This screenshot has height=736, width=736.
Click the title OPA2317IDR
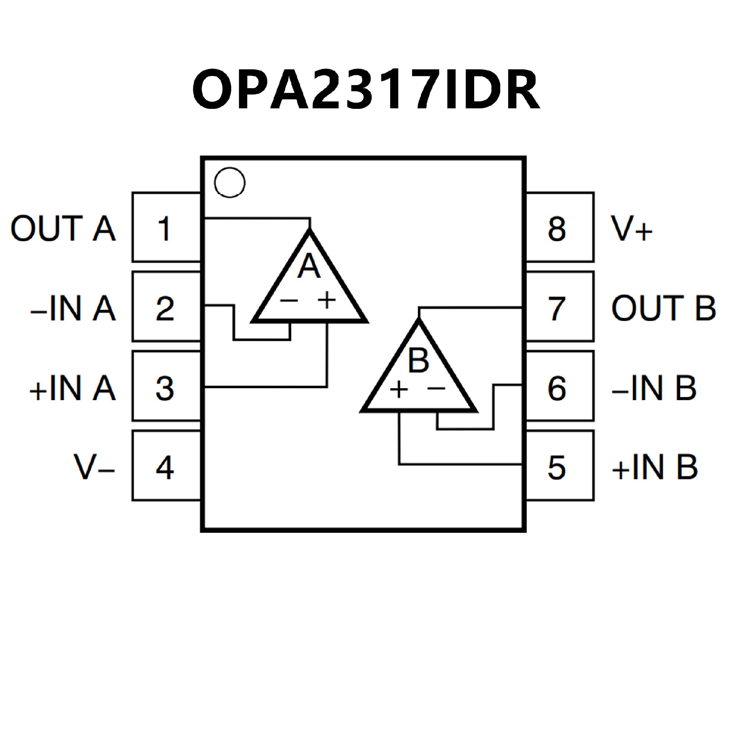tap(366, 89)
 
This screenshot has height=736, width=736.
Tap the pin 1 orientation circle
tap(230, 183)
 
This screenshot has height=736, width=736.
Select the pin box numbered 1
tap(166, 228)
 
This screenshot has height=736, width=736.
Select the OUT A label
tap(63, 228)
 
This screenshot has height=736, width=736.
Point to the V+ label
tap(631, 228)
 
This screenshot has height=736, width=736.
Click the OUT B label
tap(663, 308)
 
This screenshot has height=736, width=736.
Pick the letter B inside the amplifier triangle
tap(418, 360)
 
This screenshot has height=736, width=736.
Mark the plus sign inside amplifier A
tap(327, 300)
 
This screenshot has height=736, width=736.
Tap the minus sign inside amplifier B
tap(436, 389)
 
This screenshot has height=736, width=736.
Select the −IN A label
tap(73, 309)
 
